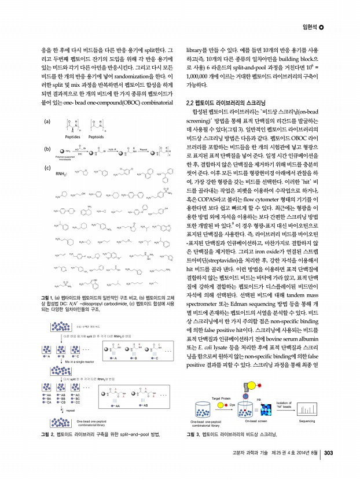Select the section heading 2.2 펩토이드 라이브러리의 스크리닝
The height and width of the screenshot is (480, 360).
(x=225, y=103)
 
